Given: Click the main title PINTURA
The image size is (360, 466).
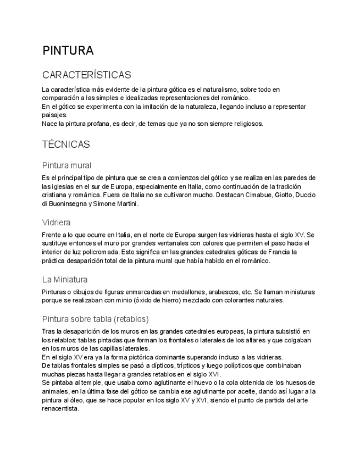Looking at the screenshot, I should click(x=68, y=51).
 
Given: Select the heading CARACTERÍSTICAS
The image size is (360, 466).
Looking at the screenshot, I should click(x=86, y=75).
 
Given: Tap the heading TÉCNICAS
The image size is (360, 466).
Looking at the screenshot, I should click(x=66, y=145).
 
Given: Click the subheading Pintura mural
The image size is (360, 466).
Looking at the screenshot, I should click(x=67, y=165).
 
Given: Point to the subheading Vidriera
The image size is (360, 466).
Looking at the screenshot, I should click(x=56, y=222).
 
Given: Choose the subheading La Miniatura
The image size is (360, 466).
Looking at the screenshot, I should click(x=65, y=279).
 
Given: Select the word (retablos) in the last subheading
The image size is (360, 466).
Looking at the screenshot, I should click(x=125, y=319).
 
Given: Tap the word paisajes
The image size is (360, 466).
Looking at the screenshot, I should click(x=54, y=115).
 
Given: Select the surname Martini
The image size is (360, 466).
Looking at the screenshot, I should click(x=126, y=203).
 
